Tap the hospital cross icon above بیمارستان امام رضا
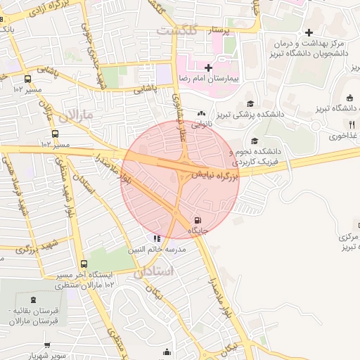tap(207, 67)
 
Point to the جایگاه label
tap(196, 230)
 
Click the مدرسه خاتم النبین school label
tap(156, 250)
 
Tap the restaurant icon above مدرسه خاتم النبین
tap(156, 239)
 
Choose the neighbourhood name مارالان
tap(77, 115)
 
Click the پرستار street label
tap(219, 31)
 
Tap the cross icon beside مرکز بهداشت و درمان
tap(309, 32)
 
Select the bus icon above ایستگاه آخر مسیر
tap(84, 264)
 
